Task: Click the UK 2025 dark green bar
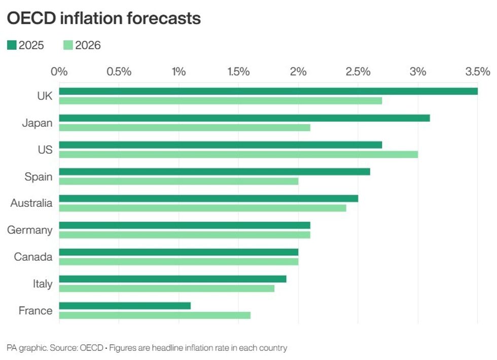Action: click(x=268, y=91)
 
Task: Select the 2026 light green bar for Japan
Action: click(x=185, y=127)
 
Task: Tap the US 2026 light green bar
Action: click(x=238, y=154)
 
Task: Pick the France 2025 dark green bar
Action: click(x=125, y=306)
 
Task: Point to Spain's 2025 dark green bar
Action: click(x=215, y=171)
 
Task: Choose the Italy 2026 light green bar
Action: click(x=167, y=288)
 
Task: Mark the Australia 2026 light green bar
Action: click(x=202, y=208)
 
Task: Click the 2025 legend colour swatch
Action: click(x=12, y=46)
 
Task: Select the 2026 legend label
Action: click(x=88, y=46)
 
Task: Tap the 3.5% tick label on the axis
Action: click(x=478, y=71)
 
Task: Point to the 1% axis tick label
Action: click(x=179, y=71)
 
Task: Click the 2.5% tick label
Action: click(x=358, y=71)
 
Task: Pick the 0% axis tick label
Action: click(x=59, y=71)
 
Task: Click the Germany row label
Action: click(x=29, y=230)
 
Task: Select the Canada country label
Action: click(x=33, y=257)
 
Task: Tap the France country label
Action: click(x=35, y=310)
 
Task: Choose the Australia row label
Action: click(x=31, y=203)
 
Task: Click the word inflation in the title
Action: click(x=91, y=18)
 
